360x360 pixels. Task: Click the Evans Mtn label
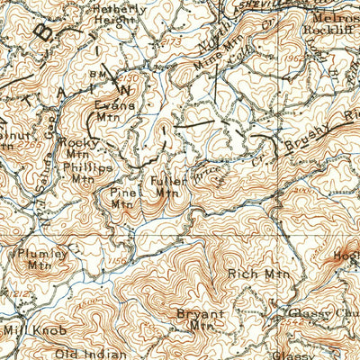[x=114, y=111]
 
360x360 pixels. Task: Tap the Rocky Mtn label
[x=74, y=148]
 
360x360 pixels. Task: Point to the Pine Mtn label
[x=121, y=197]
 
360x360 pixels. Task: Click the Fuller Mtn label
[x=169, y=186]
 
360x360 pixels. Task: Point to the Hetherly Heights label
[x=119, y=13]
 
